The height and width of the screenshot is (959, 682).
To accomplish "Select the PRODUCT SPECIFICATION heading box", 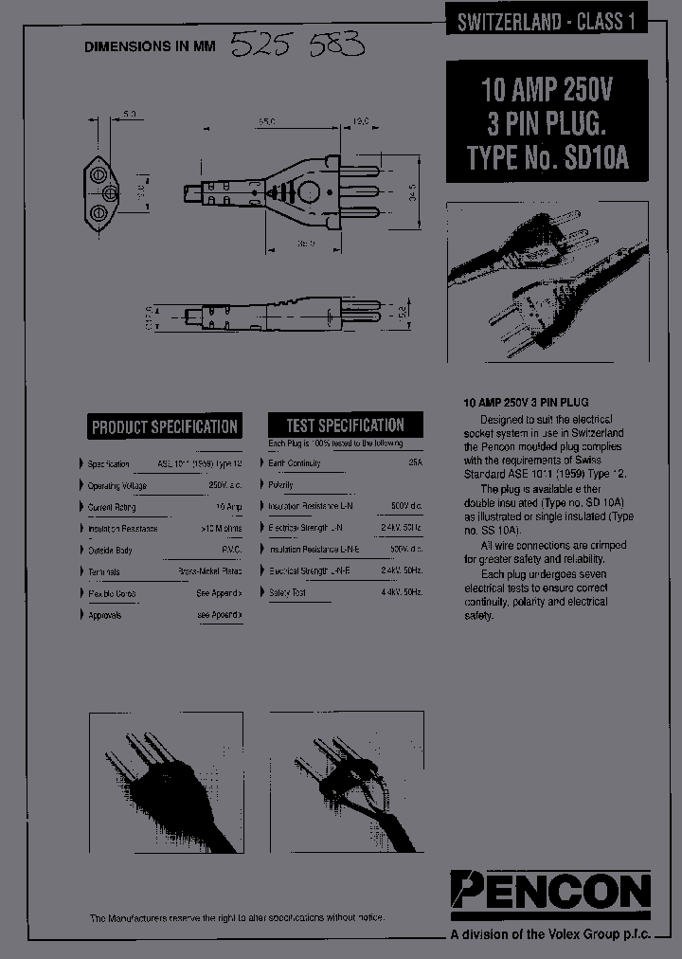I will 165,426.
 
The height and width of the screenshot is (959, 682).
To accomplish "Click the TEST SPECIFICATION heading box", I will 345,425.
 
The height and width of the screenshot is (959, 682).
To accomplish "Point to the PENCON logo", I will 550,891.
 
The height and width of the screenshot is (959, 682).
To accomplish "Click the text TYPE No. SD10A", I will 547,157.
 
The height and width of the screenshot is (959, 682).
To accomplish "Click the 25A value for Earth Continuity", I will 415,463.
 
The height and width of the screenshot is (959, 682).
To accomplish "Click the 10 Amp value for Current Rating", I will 228,507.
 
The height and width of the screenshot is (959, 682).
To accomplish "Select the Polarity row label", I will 281,484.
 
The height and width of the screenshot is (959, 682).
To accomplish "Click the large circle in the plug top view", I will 308,193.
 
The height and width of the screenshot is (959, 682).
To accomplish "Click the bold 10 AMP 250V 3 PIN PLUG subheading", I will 526,403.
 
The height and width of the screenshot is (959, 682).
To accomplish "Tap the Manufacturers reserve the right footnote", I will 237,918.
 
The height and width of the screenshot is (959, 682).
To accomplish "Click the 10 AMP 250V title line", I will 547,91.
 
